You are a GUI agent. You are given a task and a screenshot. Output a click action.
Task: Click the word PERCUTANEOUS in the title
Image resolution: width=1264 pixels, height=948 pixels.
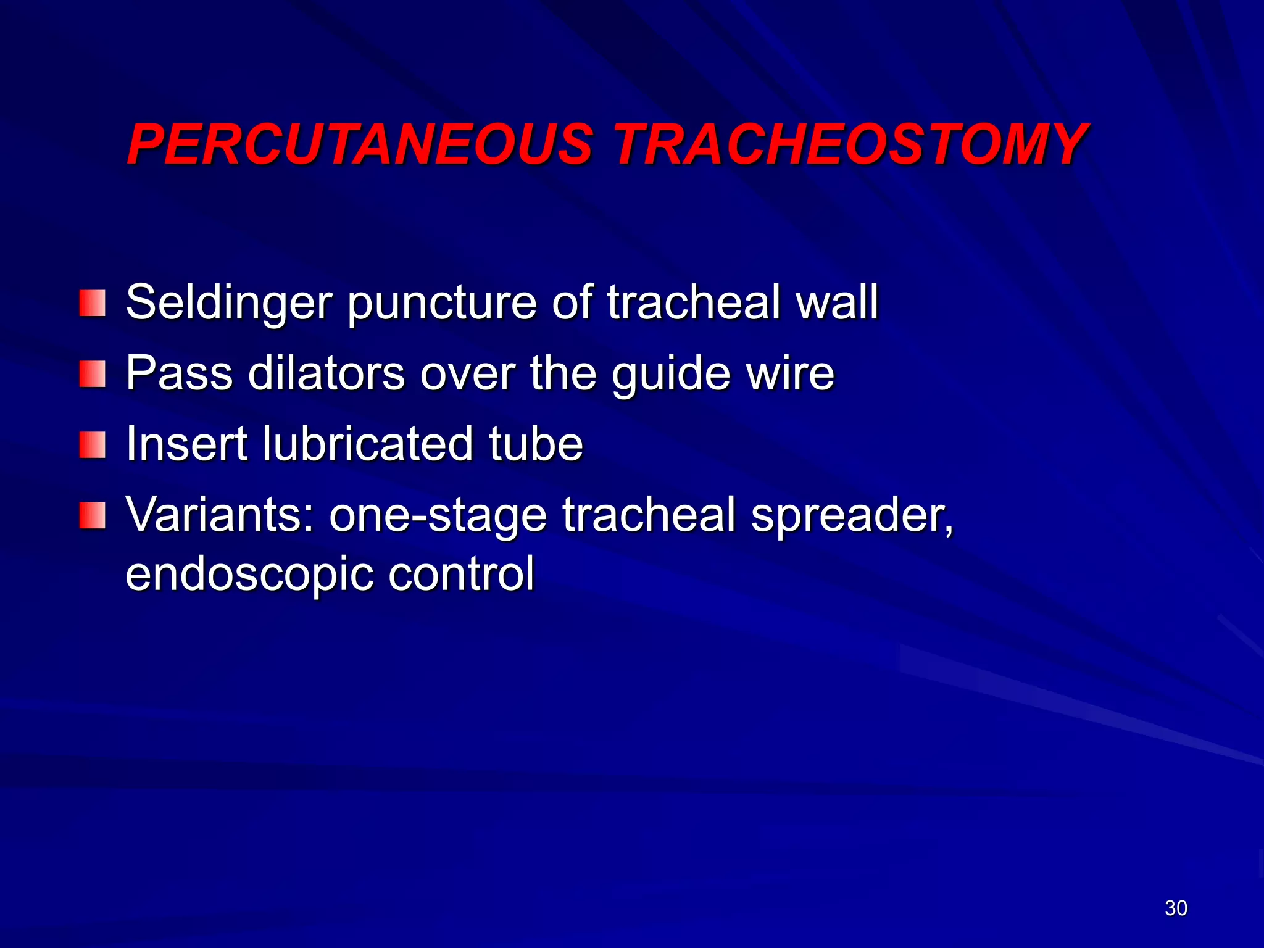pyautogui.click(x=359, y=145)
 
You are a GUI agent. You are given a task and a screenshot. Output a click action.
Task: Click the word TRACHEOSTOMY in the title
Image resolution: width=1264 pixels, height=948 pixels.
pyautogui.click(x=850, y=145)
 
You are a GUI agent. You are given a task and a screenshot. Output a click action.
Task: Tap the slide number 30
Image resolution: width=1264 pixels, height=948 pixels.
pyautogui.click(x=1176, y=908)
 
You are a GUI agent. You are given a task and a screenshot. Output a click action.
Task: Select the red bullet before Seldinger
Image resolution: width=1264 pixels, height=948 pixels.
pyautogui.click(x=93, y=303)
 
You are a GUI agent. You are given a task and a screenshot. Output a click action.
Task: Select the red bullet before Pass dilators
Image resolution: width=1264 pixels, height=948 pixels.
pyautogui.click(x=93, y=374)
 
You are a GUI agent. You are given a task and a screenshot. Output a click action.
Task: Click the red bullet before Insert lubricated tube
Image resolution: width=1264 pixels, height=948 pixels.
pyautogui.click(x=93, y=445)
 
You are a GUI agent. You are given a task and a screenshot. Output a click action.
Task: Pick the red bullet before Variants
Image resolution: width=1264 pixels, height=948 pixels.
pyautogui.click(x=93, y=515)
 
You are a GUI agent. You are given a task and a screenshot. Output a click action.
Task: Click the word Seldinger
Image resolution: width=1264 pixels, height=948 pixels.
pyautogui.click(x=229, y=304)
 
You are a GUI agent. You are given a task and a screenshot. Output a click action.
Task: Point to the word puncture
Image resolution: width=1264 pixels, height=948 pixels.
pyautogui.click(x=442, y=304)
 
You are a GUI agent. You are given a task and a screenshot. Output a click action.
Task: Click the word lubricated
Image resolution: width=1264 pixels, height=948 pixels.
pyautogui.click(x=368, y=444)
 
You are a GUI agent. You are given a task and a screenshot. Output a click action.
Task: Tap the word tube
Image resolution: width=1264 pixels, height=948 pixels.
pyautogui.click(x=536, y=444)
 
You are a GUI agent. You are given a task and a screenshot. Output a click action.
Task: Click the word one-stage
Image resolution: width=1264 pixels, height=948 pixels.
pyautogui.click(x=438, y=516)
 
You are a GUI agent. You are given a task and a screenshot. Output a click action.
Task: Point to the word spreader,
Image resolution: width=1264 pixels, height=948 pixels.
pyautogui.click(x=852, y=516)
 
